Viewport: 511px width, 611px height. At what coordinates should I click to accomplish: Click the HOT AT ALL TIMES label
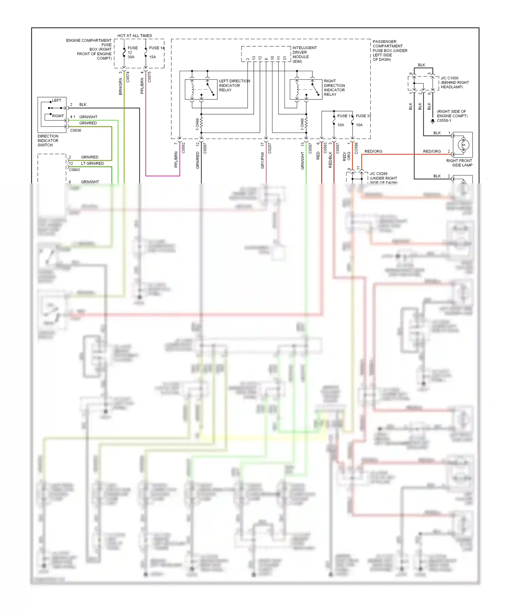click(x=135, y=35)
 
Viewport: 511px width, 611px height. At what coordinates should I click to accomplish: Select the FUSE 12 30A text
click(x=132, y=52)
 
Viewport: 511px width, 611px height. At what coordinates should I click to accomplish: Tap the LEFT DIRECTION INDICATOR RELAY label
click(x=234, y=86)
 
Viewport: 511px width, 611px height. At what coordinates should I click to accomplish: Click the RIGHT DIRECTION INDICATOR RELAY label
click(x=334, y=88)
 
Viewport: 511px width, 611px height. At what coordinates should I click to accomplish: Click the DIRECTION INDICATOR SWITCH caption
click(x=48, y=140)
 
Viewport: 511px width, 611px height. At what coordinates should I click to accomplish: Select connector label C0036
click(x=75, y=131)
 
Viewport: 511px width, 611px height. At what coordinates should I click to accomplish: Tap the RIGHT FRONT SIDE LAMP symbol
click(x=463, y=145)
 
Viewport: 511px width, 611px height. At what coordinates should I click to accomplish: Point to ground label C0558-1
click(x=444, y=121)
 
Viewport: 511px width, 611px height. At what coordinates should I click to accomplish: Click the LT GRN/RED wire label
click(x=92, y=164)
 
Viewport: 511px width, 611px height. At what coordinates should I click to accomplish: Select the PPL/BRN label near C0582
click(x=176, y=159)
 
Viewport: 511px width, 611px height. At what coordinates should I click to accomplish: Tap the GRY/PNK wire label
click(x=263, y=160)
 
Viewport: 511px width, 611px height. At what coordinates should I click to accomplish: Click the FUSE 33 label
click(x=363, y=116)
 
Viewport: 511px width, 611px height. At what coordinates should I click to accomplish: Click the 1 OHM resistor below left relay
click(x=201, y=124)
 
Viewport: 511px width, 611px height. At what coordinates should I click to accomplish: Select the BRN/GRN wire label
click(x=120, y=86)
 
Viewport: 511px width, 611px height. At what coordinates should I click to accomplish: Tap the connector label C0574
click(x=128, y=77)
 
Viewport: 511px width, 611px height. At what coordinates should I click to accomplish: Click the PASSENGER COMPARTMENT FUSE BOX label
click(x=389, y=50)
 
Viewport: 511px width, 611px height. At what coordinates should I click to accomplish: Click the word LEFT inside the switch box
click(x=57, y=101)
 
